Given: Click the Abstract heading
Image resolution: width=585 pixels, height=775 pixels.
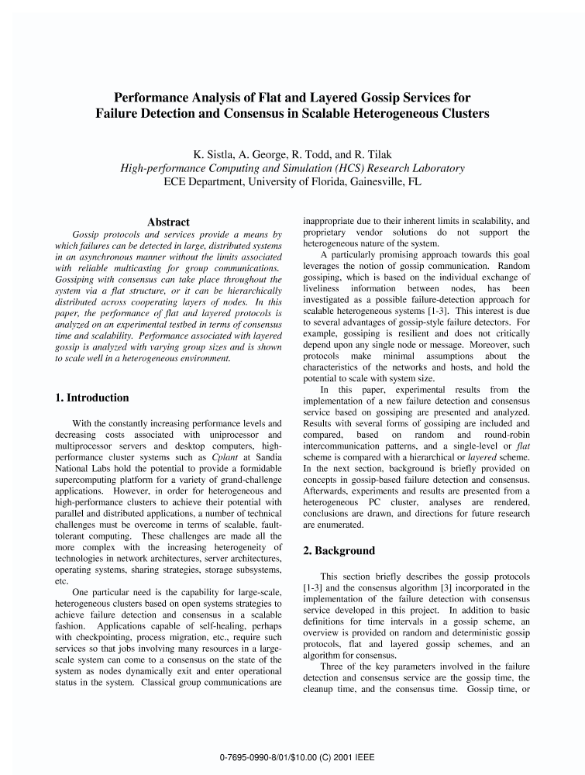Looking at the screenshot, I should (168, 222).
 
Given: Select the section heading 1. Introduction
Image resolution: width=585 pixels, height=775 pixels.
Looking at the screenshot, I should (92, 398).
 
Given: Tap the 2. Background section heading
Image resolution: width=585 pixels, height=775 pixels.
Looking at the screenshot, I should (339, 551).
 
